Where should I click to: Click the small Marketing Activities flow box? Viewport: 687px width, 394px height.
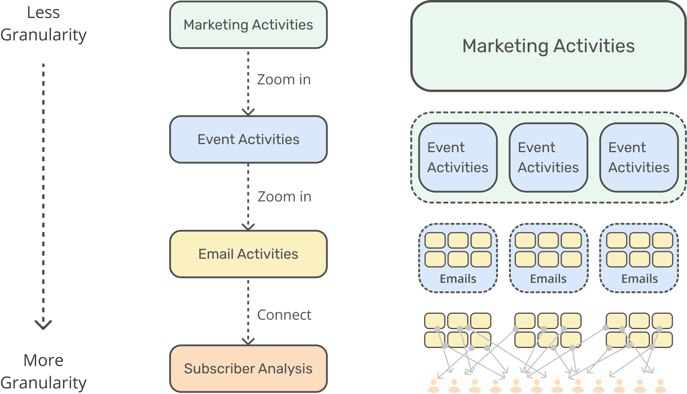[x=248, y=25]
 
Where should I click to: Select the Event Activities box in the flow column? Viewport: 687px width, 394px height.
[x=248, y=140]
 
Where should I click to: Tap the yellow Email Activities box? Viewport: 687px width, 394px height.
[x=248, y=254]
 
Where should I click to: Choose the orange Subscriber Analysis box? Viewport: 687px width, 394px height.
[x=248, y=368]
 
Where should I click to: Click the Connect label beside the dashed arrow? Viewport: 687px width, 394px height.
[x=284, y=315]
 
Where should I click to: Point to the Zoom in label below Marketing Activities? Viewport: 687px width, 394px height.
[x=284, y=80]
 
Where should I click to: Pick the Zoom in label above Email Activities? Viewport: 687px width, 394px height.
[x=284, y=197]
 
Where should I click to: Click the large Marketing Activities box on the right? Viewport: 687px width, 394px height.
[x=548, y=46]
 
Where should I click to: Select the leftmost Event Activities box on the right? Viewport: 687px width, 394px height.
[x=458, y=158]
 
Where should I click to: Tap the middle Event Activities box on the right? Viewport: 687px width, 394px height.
[x=548, y=158]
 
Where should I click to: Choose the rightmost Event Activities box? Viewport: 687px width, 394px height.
[x=639, y=158]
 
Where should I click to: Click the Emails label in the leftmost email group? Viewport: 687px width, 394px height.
[x=458, y=279]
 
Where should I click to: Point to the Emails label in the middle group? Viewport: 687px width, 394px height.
[x=548, y=279]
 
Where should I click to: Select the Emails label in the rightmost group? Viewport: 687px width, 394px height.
[x=639, y=279]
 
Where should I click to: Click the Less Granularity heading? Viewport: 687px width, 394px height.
[x=43, y=24]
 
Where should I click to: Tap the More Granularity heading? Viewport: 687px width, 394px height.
[x=43, y=371]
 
